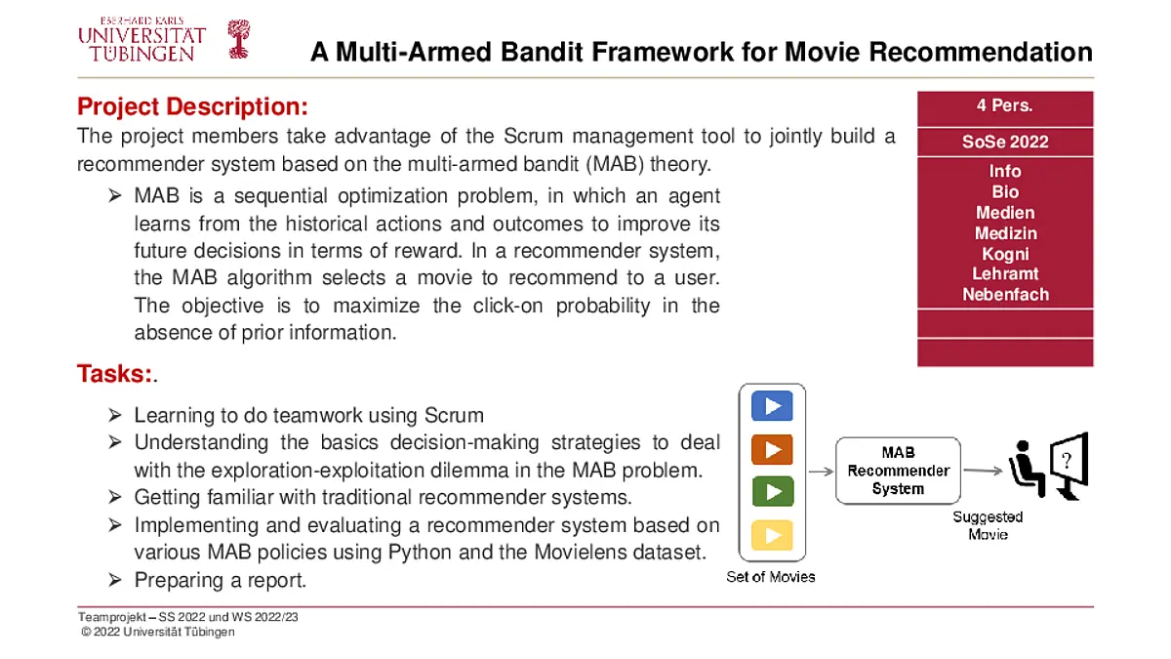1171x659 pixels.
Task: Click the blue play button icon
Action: pyautogui.click(x=772, y=406)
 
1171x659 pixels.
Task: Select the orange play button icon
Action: pyautogui.click(x=772, y=449)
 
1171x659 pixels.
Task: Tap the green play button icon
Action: pyautogui.click(x=773, y=492)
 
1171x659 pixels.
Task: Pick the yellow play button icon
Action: pyautogui.click(x=772, y=535)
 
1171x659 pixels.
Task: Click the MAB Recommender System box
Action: pyautogui.click(x=898, y=471)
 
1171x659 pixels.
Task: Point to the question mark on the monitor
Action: pyautogui.click(x=1067, y=461)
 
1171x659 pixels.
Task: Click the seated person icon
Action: pyautogui.click(x=1027, y=469)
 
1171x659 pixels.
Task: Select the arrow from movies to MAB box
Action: pyautogui.click(x=821, y=472)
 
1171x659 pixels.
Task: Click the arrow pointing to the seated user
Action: pyautogui.click(x=983, y=471)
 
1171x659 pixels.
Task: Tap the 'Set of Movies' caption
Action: pyautogui.click(x=771, y=577)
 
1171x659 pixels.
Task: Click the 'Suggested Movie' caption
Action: pyautogui.click(x=988, y=525)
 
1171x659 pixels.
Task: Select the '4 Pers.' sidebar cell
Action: pyautogui.click(x=1005, y=108)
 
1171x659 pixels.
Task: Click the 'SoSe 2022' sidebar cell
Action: pyautogui.click(x=1005, y=142)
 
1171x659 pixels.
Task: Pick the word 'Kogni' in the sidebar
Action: pyautogui.click(x=1005, y=254)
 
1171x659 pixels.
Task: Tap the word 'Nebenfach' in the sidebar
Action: pyautogui.click(x=1005, y=295)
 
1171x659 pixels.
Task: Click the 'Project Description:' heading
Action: pyautogui.click(x=192, y=106)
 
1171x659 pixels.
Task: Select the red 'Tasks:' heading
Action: pyautogui.click(x=114, y=374)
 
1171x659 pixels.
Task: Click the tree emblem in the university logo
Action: pyautogui.click(x=239, y=39)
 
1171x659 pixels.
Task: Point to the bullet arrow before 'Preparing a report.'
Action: pyautogui.click(x=115, y=580)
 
